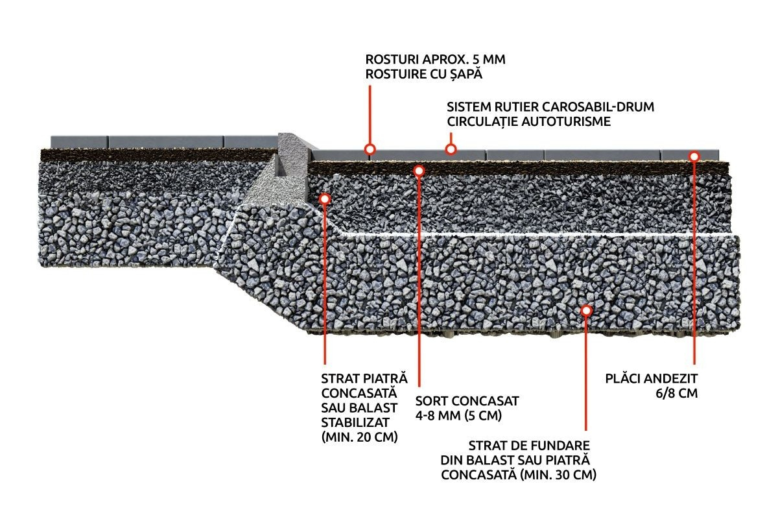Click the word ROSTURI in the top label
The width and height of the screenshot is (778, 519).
392,60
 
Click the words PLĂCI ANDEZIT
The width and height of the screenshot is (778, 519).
651,379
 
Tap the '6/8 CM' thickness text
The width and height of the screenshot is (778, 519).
677,393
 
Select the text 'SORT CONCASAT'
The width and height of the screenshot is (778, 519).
467,401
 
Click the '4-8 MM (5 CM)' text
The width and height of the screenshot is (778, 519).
458,416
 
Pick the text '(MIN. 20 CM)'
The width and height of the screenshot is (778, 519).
359,437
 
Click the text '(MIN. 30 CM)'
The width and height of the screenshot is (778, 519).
558,474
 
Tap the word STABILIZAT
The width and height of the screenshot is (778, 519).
355,422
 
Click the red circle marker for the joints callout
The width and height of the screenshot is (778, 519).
370,149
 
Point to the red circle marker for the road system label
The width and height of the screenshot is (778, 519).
451,149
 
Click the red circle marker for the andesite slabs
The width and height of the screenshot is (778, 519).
694,157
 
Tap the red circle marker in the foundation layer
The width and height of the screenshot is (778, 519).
586,310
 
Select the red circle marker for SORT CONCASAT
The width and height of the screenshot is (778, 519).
419,171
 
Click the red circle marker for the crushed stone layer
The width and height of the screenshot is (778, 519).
325,199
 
